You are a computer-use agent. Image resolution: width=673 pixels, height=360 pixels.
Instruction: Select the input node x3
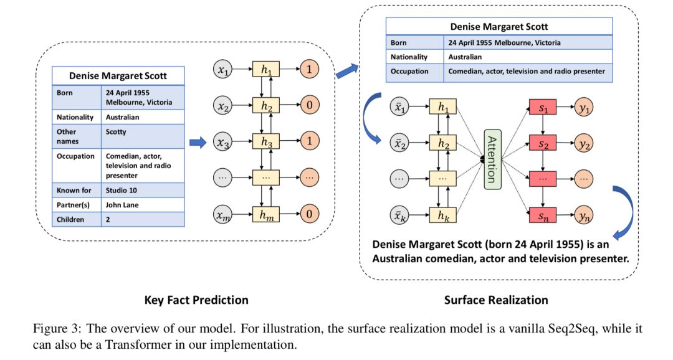[x=222, y=143]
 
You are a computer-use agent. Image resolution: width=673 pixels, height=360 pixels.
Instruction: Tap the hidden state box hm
[x=267, y=215]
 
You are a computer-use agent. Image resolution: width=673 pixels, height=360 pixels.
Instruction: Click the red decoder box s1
[x=542, y=107]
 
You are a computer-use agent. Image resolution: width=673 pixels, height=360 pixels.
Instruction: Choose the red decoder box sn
[x=542, y=216]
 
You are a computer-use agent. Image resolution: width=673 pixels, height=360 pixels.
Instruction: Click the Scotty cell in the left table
[x=117, y=132]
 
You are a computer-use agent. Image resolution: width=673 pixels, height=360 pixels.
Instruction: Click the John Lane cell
[x=122, y=204]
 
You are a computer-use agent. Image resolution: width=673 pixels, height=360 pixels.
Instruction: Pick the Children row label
[x=70, y=219]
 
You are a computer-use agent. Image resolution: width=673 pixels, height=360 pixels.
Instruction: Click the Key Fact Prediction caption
[x=196, y=300]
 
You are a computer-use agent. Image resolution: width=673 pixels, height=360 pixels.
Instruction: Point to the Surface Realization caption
[x=496, y=300]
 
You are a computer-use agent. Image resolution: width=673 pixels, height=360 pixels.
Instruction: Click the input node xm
[x=222, y=215]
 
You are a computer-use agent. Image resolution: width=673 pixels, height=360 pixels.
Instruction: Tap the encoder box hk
[x=442, y=216]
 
